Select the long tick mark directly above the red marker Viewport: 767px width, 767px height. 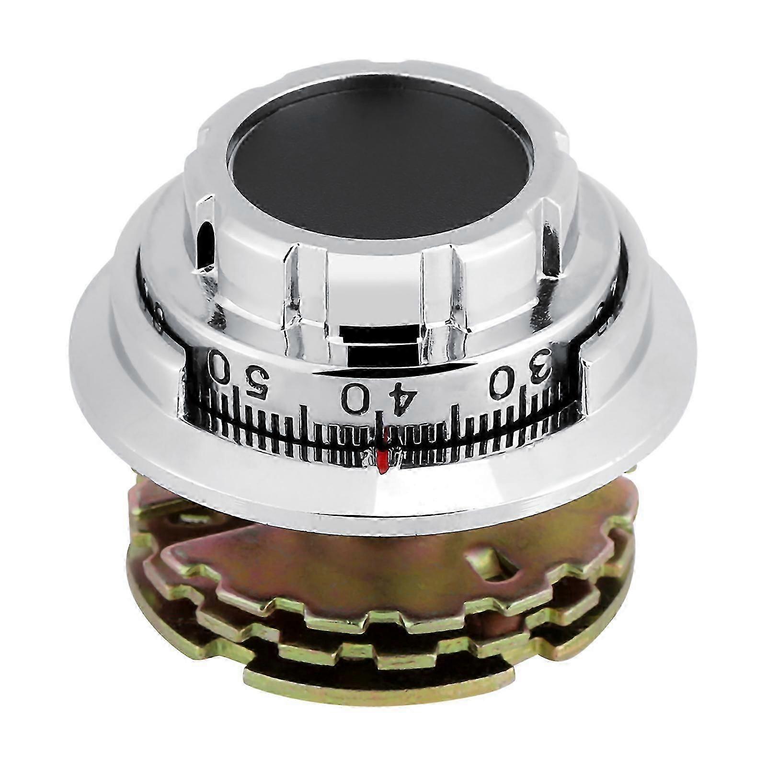382,434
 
